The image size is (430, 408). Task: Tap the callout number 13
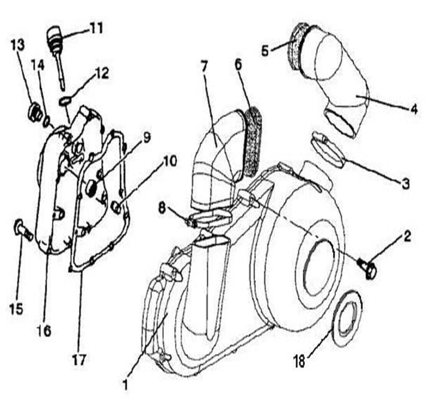(x=18, y=45)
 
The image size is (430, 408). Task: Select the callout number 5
(x=265, y=51)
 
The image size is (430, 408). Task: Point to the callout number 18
(x=299, y=362)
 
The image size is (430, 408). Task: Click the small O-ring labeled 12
(x=65, y=101)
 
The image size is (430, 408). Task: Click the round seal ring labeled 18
(x=347, y=319)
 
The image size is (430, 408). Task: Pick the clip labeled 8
(x=193, y=221)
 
